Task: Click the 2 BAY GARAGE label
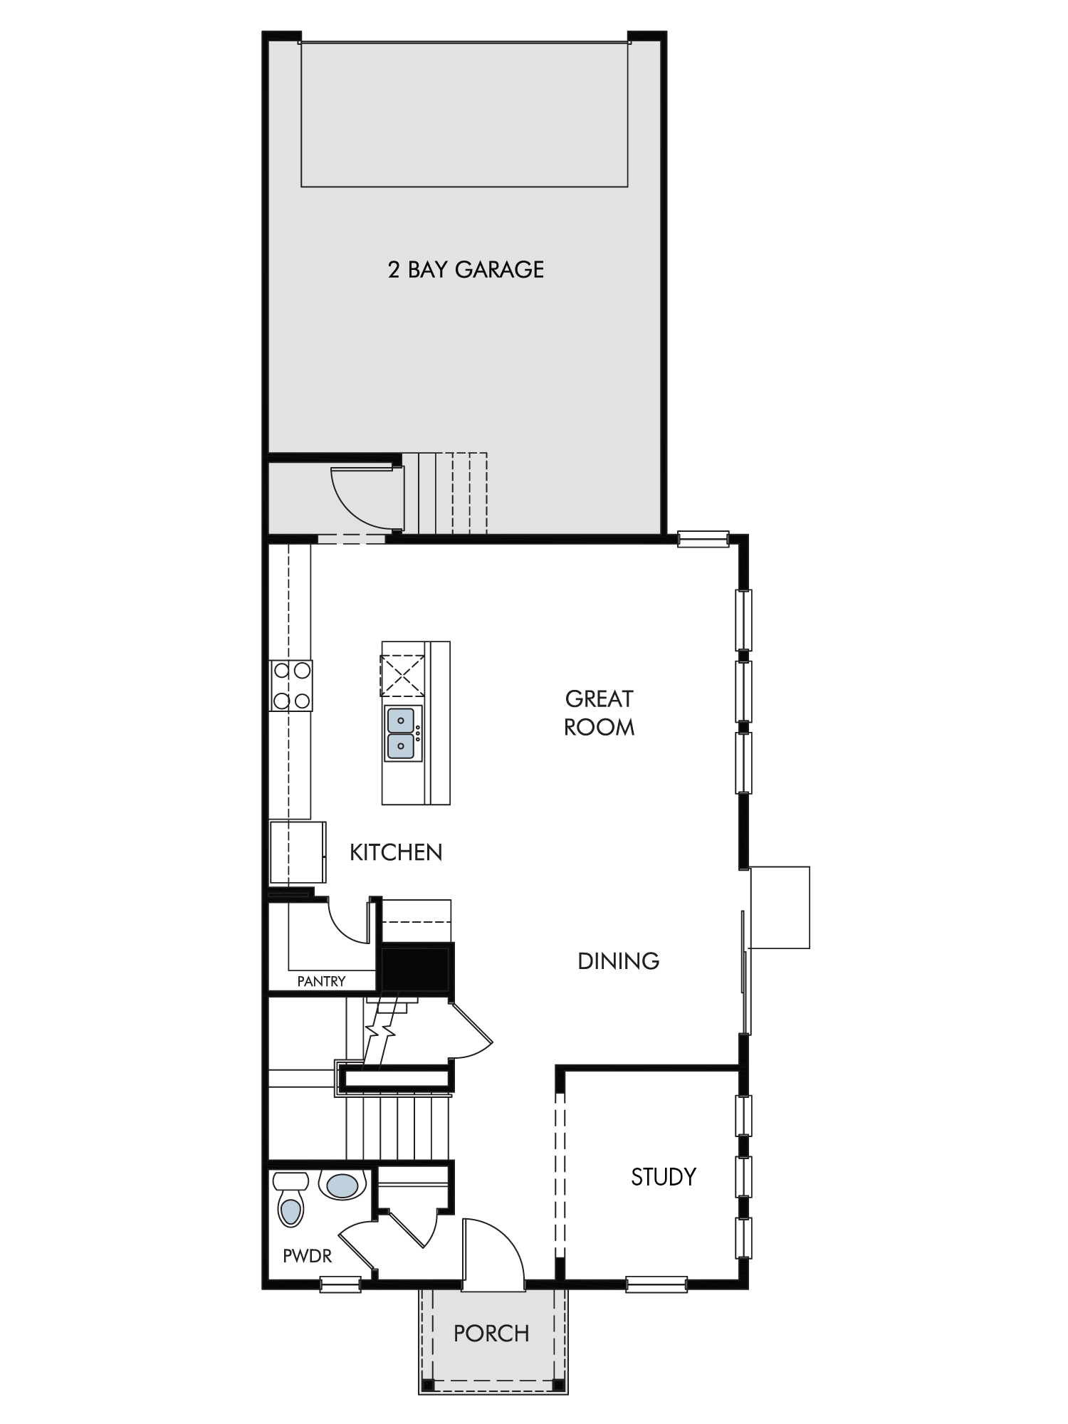click(466, 269)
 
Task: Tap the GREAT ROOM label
click(599, 713)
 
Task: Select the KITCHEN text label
click(396, 852)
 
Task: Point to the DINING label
click(618, 961)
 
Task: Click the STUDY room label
click(663, 1177)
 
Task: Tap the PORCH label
click(491, 1333)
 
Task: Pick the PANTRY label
click(321, 981)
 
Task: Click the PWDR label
click(307, 1256)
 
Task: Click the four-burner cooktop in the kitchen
click(291, 685)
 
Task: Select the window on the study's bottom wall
click(656, 1284)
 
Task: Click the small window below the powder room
click(340, 1284)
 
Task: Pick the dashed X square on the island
click(403, 675)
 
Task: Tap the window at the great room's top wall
click(703, 538)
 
